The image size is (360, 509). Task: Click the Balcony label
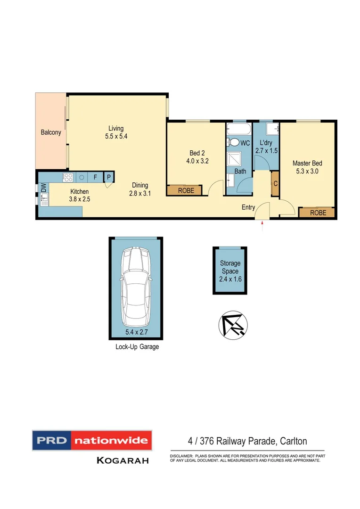click(51, 132)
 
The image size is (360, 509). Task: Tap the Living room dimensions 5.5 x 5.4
click(116, 137)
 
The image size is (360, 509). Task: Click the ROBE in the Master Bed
click(318, 213)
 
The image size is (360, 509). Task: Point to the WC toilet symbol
click(234, 142)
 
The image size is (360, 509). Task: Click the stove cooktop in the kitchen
click(67, 177)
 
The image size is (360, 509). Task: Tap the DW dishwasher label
click(42, 187)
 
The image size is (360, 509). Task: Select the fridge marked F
click(95, 177)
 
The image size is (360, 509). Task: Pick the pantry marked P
click(108, 177)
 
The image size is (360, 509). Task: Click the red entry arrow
click(262, 228)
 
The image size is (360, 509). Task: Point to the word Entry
click(248, 207)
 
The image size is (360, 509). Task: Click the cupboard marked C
click(275, 184)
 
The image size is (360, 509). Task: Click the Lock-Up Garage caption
click(137, 347)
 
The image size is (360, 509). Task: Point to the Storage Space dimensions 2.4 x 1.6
click(230, 279)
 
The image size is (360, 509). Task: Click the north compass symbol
click(232, 324)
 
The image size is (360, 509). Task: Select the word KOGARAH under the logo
click(123, 460)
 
